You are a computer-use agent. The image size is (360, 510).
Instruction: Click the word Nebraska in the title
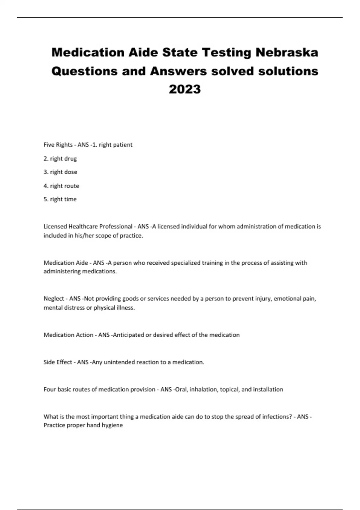click(287, 52)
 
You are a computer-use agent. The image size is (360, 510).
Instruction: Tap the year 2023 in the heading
click(185, 89)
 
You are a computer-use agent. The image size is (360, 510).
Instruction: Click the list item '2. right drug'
click(60, 158)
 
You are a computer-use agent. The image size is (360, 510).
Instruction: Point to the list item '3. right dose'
click(60, 172)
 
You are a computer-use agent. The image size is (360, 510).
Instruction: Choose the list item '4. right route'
click(61, 186)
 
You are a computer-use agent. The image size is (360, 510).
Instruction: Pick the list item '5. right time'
click(60, 199)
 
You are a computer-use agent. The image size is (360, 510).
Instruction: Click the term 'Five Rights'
click(58, 145)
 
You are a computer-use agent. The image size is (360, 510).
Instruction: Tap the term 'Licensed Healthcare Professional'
click(88, 226)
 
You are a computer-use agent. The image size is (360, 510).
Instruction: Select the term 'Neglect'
click(54, 298)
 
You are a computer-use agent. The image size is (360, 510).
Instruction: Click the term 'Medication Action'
click(68, 335)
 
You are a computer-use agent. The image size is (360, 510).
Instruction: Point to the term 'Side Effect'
click(58, 362)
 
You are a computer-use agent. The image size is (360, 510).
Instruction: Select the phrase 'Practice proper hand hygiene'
click(83, 425)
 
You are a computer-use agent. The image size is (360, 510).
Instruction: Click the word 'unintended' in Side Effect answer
click(119, 362)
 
